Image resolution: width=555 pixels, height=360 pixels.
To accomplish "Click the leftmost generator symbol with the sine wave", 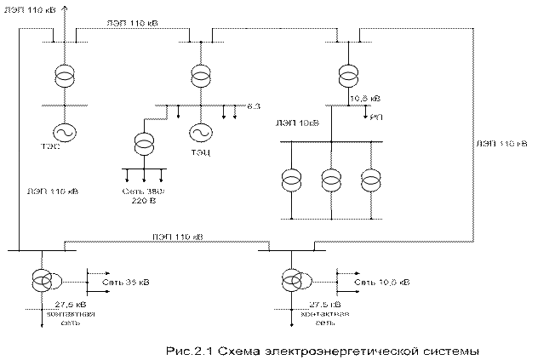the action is [63, 132].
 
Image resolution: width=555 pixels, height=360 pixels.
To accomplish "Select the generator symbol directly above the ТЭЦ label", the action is [201, 133].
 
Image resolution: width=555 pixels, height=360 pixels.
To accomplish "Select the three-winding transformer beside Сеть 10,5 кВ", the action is [293, 280].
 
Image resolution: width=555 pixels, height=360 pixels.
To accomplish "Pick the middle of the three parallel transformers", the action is [331, 180].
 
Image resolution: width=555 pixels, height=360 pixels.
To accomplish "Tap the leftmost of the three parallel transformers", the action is [291, 180].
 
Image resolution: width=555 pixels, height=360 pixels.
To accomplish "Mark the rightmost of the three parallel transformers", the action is [370, 180].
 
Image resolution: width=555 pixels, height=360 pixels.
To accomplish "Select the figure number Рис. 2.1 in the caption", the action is [191, 350].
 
